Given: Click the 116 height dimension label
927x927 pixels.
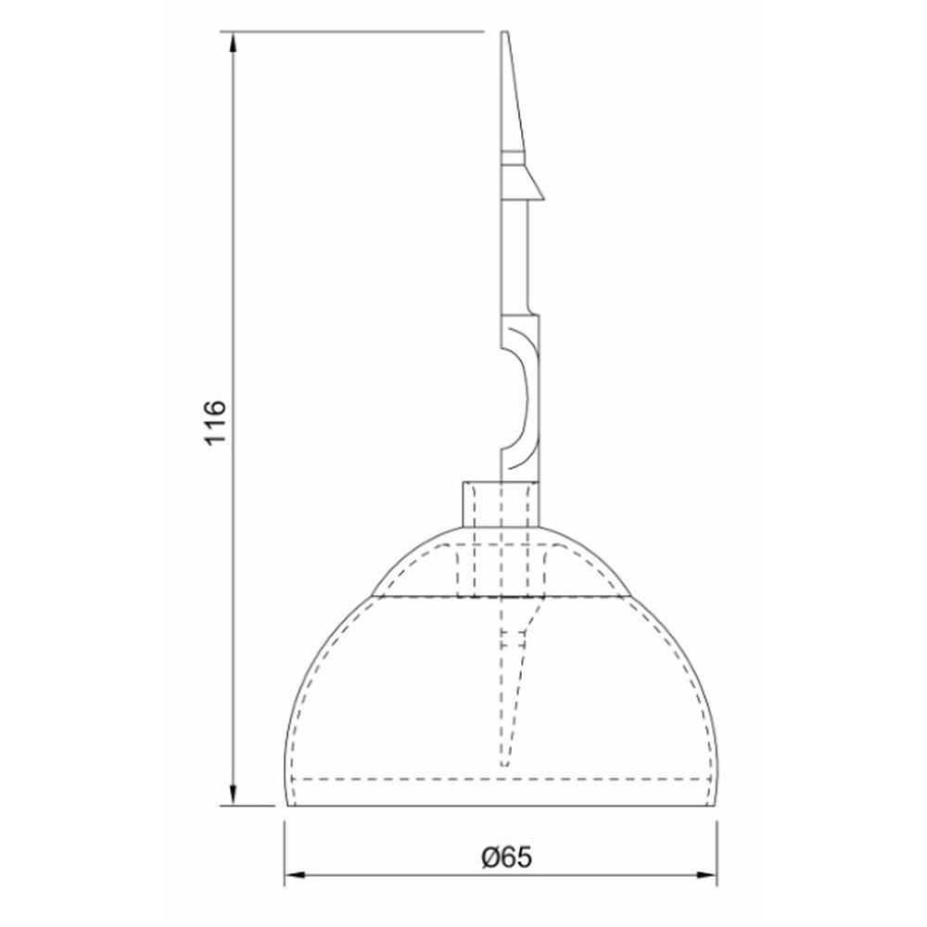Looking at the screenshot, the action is point(215,422).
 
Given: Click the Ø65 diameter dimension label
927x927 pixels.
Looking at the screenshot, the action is point(507,857).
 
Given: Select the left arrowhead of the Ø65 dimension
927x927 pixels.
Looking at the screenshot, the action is point(296,874).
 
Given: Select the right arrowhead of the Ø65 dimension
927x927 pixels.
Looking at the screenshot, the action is point(705,874).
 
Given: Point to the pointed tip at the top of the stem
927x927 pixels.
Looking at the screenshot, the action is point(504,32).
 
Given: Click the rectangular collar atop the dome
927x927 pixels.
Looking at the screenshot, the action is point(501,504).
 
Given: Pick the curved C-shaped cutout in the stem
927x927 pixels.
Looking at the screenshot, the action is point(520,399).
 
